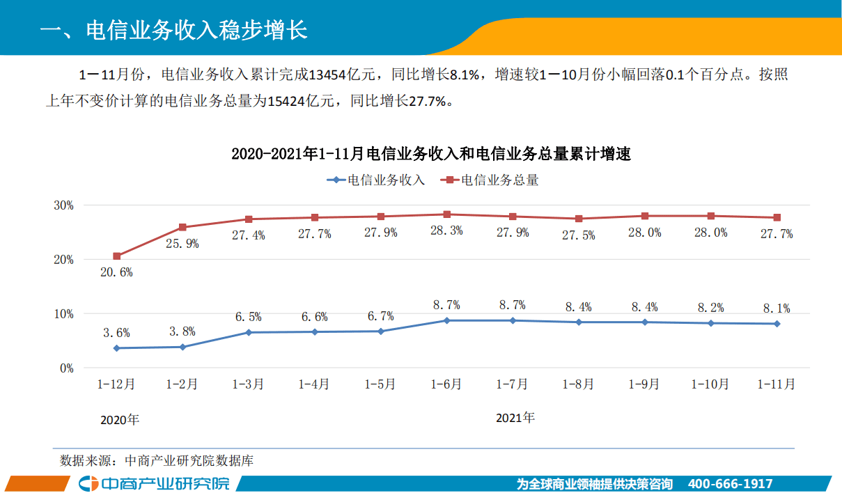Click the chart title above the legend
[430, 155]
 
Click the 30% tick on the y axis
[63, 205]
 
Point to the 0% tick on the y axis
[66, 368]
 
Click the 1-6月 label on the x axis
[446, 384]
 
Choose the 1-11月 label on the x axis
[776, 384]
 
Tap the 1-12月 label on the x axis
[116, 384]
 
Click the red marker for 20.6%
[117, 256]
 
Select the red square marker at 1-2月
[182, 227]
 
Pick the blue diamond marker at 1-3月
[249, 332]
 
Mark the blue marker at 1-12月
[116, 348]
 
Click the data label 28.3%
[446, 231]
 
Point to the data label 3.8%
[182, 331]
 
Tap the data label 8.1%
[776, 308]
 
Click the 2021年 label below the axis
[515, 419]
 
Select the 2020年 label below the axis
[120, 420]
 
